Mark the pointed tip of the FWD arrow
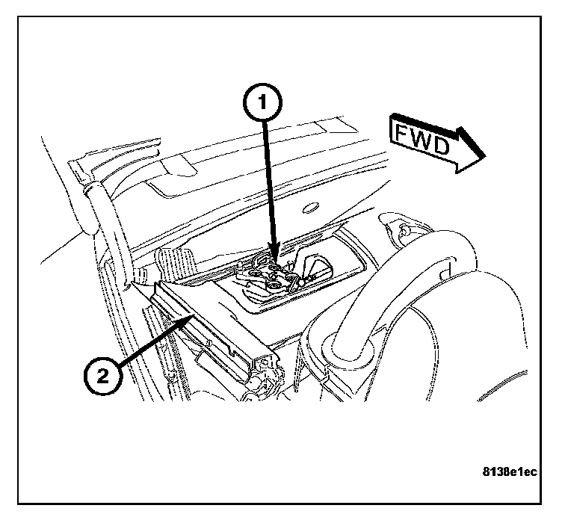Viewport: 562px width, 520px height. [485, 156]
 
